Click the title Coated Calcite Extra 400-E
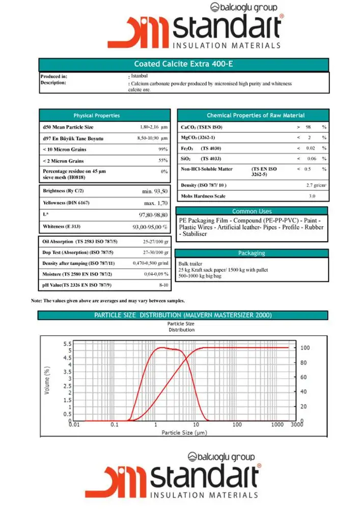[183, 65]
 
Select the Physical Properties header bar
[104, 116]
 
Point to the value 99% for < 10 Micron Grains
[163, 150]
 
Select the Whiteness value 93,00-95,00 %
[150, 227]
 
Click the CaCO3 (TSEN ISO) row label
[202, 127]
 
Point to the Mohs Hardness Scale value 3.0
[312, 196]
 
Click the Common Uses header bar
[252, 211]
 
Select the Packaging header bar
[252, 253]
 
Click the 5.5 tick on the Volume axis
[67, 344]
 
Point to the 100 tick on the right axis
[305, 348]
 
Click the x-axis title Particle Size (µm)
[184, 433]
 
